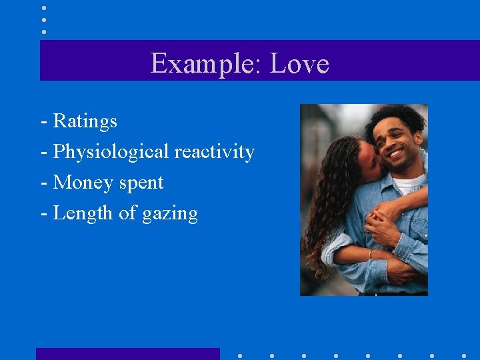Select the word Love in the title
[x=299, y=64]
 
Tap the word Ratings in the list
[x=85, y=121]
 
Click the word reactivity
[x=214, y=152]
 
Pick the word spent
[x=143, y=183]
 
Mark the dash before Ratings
[x=43, y=122]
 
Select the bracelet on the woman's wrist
[x=371, y=254]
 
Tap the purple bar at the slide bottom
[x=127, y=353]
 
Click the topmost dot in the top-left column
[x=43, y=8]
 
